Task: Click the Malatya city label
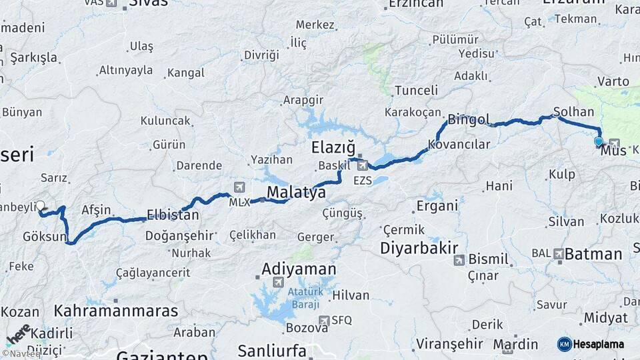[297, 192]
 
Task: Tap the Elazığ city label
[333, 147]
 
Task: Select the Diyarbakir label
[419, 248]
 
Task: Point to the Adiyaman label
[299, 269]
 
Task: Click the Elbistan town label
[173, 215]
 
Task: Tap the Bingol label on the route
[469, 120]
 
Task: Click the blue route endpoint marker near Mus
[598, 141]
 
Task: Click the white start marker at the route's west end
[40, 206]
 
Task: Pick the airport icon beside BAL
[558, 253]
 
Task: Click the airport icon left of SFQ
[324, 321]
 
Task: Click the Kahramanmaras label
[116, 311]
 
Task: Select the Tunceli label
[416, 90]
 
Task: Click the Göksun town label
[45, 237]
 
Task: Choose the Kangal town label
[185, 73]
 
